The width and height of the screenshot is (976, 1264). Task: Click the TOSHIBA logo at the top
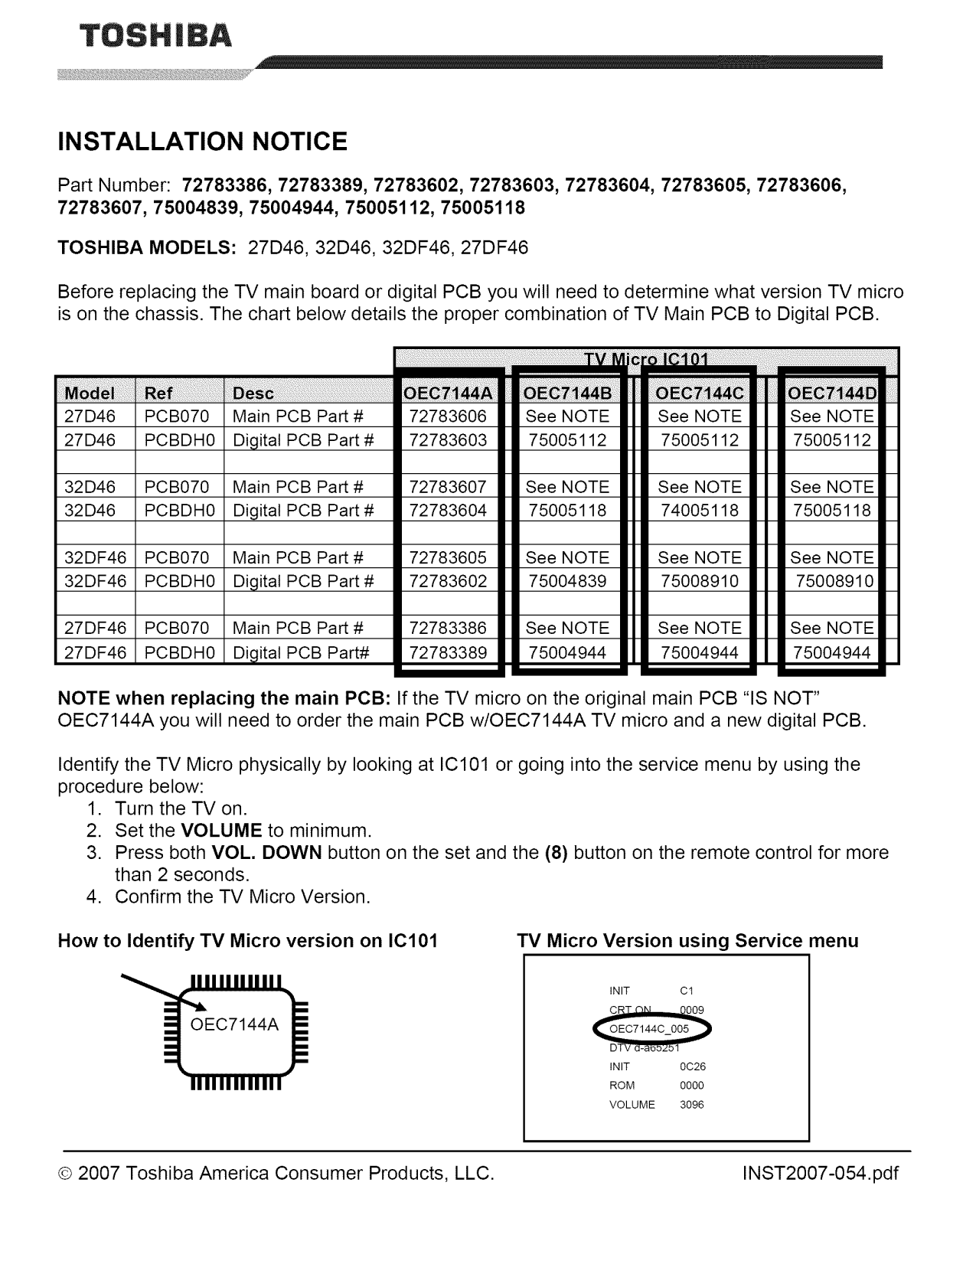(144, 36)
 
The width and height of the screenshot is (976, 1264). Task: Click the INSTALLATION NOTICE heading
(203, 142)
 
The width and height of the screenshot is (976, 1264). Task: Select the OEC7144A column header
(449, 394)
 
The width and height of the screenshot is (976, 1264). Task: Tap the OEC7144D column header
(832, 394)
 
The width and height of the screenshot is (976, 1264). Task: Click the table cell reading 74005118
(700, 511)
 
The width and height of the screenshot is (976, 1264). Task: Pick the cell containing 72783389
(449, 652)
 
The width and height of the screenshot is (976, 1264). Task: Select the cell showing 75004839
(567, 581)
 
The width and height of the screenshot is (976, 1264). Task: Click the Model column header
(90, 394)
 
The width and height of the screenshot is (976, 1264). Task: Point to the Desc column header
(253, 394)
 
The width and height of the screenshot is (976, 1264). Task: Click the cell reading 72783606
(449, 416)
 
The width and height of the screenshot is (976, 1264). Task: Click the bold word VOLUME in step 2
(221, 831)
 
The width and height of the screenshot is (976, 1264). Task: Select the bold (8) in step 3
(556, 853)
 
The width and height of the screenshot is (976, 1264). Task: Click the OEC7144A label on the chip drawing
(234, 1025)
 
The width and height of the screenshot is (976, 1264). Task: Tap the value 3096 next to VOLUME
(692, 1105)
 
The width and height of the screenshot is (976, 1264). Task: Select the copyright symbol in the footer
(66, 1174)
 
